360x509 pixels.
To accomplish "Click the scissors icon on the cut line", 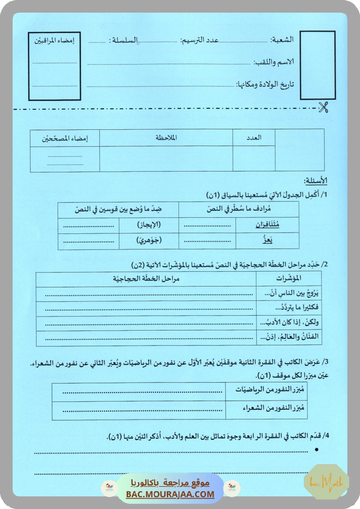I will [323, 107].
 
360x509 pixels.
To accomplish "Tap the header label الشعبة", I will [282, 40].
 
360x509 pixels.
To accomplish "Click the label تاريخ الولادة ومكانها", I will [265, 84].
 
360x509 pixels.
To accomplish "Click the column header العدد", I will [254, 138].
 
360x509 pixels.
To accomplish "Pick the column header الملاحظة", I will [166, 138].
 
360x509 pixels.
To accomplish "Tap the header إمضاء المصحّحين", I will [65, 138].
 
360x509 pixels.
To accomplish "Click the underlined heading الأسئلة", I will [316, 181].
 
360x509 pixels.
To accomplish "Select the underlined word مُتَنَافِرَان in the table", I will [267, 225].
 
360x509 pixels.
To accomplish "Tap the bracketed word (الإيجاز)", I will [146, 225].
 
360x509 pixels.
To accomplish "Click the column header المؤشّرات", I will [289, 278].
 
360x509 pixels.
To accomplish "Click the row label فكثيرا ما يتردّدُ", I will [289, 307].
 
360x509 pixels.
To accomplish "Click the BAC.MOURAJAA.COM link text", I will [170, 494].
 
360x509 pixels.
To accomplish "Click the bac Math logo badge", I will [326, 482].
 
